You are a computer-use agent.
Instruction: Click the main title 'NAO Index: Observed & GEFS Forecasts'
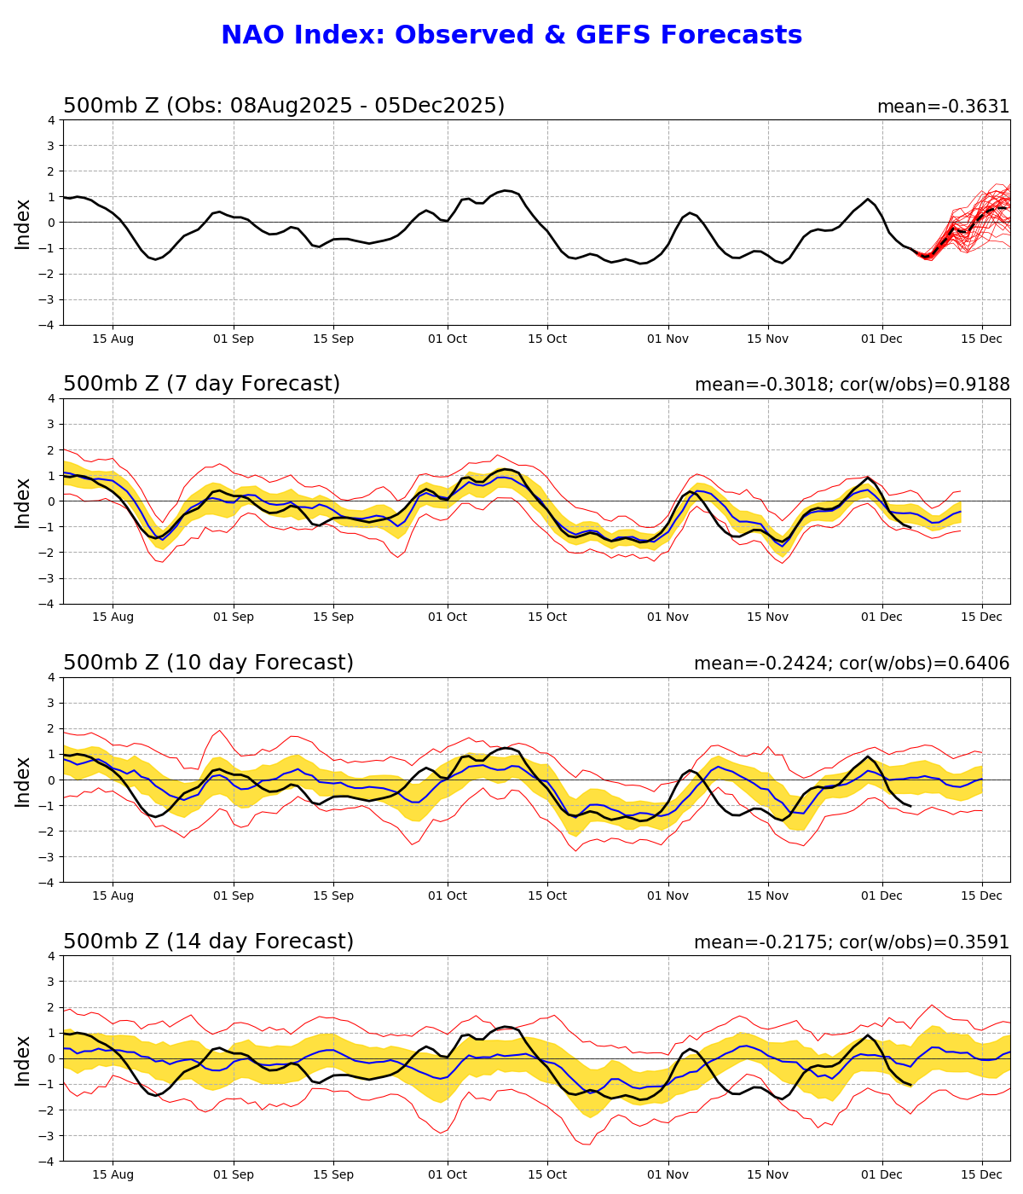[511, 36]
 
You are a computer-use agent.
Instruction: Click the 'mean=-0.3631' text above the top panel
[943, 107]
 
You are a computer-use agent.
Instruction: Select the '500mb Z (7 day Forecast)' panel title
[201, 385]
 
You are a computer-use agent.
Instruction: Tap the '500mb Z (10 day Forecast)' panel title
[208, 664]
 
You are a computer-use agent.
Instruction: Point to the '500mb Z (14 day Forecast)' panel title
[208, 942]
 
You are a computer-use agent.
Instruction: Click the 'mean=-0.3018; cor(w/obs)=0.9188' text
[852, 385]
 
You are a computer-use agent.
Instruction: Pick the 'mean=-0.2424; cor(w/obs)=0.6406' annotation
[852, 664]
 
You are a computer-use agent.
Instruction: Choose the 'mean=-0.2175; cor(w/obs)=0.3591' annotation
[852, 942]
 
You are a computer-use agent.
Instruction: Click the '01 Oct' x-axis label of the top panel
[448, 339]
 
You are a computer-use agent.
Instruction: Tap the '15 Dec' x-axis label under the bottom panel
[981, 1175]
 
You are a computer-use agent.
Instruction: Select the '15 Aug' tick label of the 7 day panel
[113, 617]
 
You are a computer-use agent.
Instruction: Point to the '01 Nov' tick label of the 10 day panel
[668, 896]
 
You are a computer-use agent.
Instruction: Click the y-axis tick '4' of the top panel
[51, 120]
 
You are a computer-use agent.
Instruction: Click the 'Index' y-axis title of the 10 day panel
[23, 780]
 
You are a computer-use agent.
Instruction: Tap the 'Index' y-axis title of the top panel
[23, 223]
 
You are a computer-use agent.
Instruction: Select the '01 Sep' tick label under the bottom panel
[234, 1175]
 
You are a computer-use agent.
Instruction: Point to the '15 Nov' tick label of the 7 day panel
[767, 617]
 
